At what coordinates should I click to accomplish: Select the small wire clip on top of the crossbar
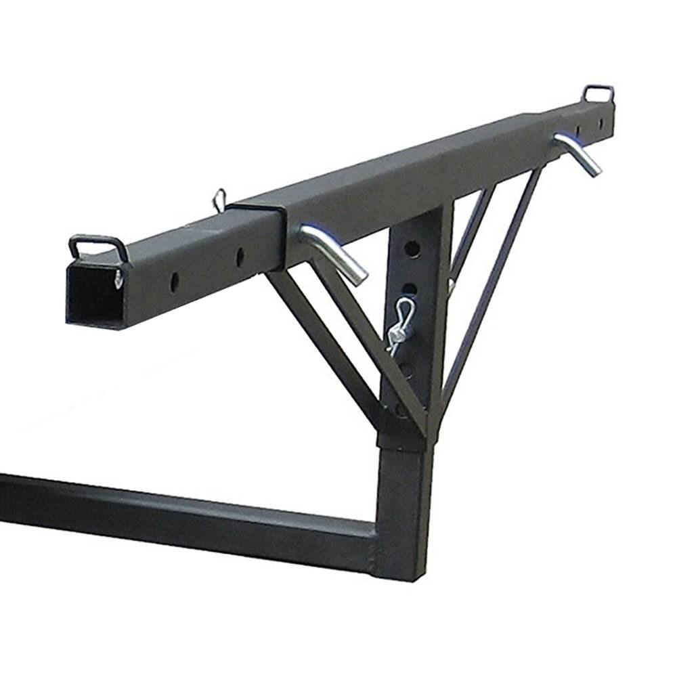[x=219, y=198]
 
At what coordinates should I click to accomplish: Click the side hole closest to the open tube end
[x=175, y=280]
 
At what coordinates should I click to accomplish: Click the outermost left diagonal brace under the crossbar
[x=318, y=338]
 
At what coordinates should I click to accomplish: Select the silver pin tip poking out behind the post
[x=449, y=284]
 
